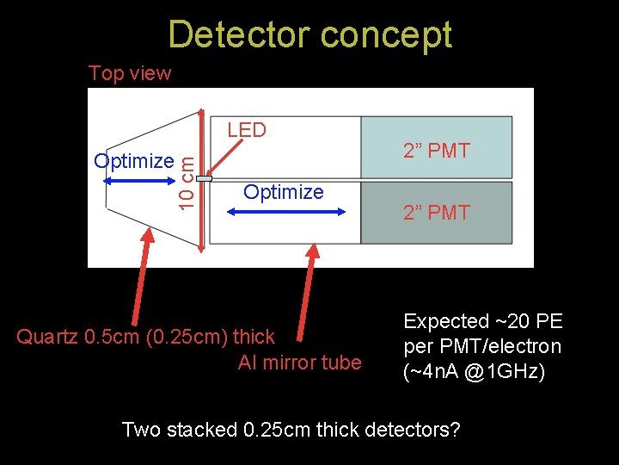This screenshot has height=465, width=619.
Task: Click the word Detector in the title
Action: (239, 34)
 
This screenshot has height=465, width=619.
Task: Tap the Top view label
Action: (130, 73)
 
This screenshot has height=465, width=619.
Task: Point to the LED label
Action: (247, 130)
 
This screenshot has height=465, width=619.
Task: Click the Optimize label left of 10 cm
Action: (134, 161)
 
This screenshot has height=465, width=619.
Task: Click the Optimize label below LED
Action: (284, 192)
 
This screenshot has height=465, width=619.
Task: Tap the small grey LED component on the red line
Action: (204, 178)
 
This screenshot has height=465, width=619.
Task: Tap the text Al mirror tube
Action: (299, 363)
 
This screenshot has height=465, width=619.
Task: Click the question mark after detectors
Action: (456, 429)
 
